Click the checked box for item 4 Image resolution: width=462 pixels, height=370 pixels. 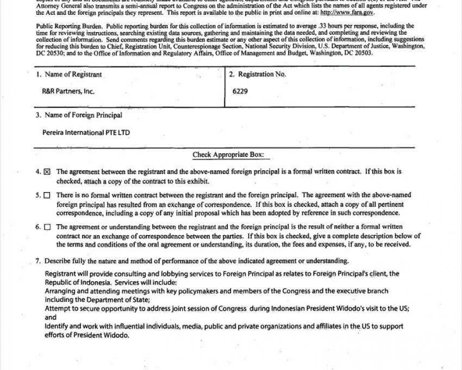(47, 172)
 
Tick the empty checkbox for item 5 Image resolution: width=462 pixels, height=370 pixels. (47, 195)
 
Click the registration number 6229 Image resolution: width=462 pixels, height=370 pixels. (240, 91)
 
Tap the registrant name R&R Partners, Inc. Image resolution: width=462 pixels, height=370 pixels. (68, 91)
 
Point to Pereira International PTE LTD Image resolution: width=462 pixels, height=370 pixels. (86, 132)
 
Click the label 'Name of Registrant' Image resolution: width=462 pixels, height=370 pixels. (72, 75)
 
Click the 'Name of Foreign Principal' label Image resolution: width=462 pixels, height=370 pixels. (82, 115)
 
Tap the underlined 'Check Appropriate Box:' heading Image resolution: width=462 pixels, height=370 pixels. (228, 155)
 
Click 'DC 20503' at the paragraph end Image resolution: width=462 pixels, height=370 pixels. (356, 53)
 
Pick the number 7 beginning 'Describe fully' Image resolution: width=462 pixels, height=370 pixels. (38, 261)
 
